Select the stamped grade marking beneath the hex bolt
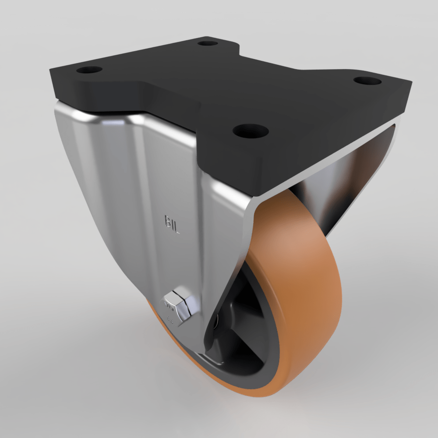[171, 321]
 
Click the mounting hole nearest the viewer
[250, 130]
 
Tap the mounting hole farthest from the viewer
[208, 43]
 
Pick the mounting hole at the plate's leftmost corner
[89, 70]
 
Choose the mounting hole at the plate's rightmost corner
[367, 81]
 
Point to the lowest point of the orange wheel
[263, 396]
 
